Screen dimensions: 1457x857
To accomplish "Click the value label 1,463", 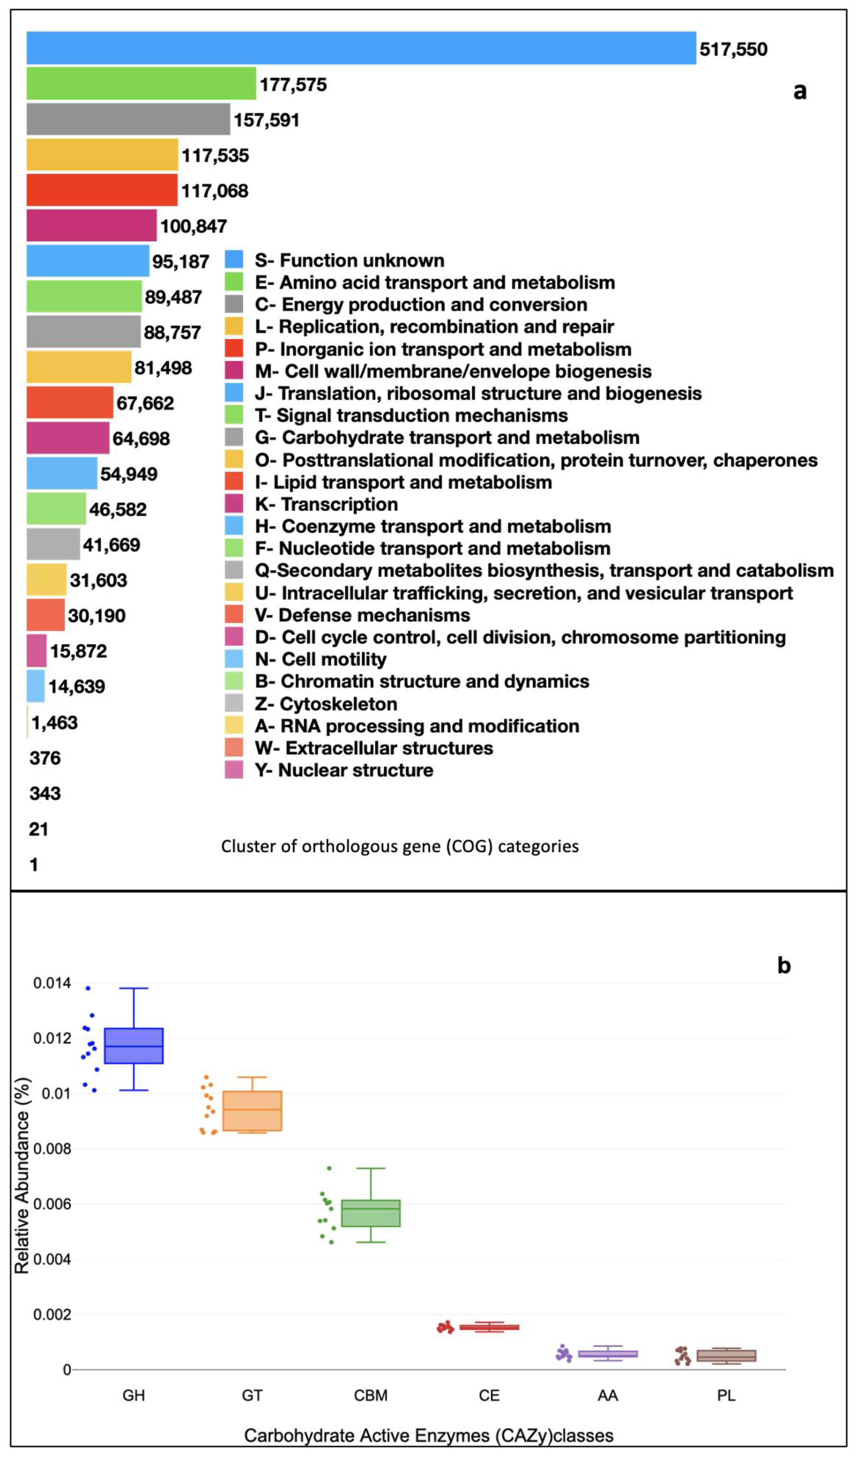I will (54, 723).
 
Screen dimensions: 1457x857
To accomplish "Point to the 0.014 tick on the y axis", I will (52, 983).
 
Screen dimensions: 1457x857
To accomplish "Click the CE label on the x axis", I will (489, 1396).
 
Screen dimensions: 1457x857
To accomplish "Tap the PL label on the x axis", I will (726, 1396).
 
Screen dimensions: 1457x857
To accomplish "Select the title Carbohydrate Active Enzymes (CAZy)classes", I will (428, 1436).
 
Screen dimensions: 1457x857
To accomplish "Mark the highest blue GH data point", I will (88, 988).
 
